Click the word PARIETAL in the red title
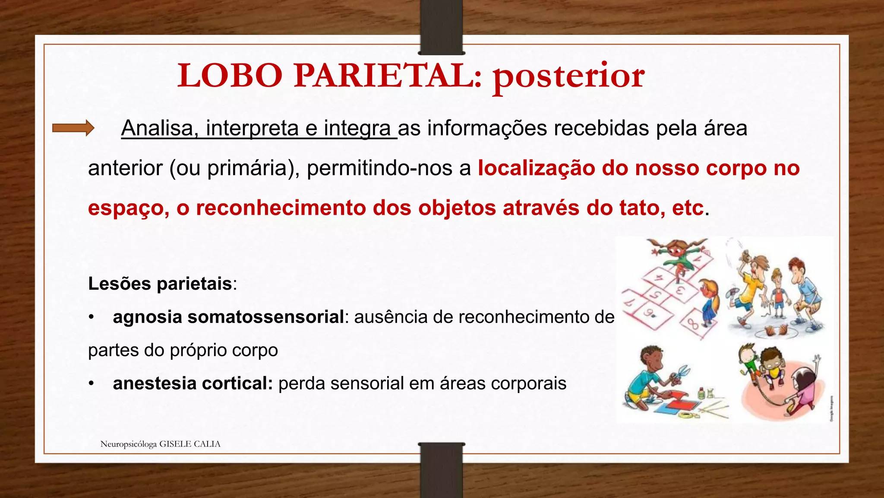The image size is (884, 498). [x=387, y=76]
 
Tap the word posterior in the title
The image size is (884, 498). [x=569, y=77]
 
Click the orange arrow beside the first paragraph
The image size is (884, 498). [x=73, y=128]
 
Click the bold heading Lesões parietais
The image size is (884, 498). [x=160, y=284]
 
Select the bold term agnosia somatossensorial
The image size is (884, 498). [x=228, y=317]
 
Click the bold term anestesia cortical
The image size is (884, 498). [x=193, y=383]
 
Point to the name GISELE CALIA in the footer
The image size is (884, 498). [x=190, y=444]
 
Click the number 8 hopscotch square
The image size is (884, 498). [x=693, y=323]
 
